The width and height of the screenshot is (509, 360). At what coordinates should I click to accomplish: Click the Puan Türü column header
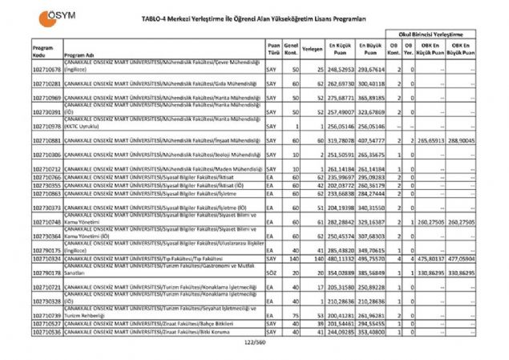click(x=274, y=48)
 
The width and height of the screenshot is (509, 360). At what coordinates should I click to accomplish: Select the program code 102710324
click(x=45, y=259)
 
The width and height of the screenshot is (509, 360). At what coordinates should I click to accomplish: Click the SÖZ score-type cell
click(x=272, y=273)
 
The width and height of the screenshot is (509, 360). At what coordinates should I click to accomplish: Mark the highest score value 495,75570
click(x=371, y=259)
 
